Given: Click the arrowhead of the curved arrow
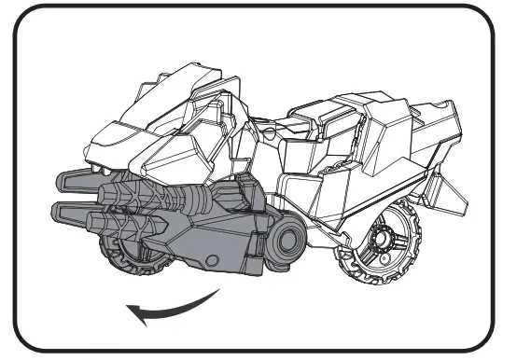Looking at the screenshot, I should tap(134, 316).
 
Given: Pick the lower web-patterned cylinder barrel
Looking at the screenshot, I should tap(120, 224).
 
